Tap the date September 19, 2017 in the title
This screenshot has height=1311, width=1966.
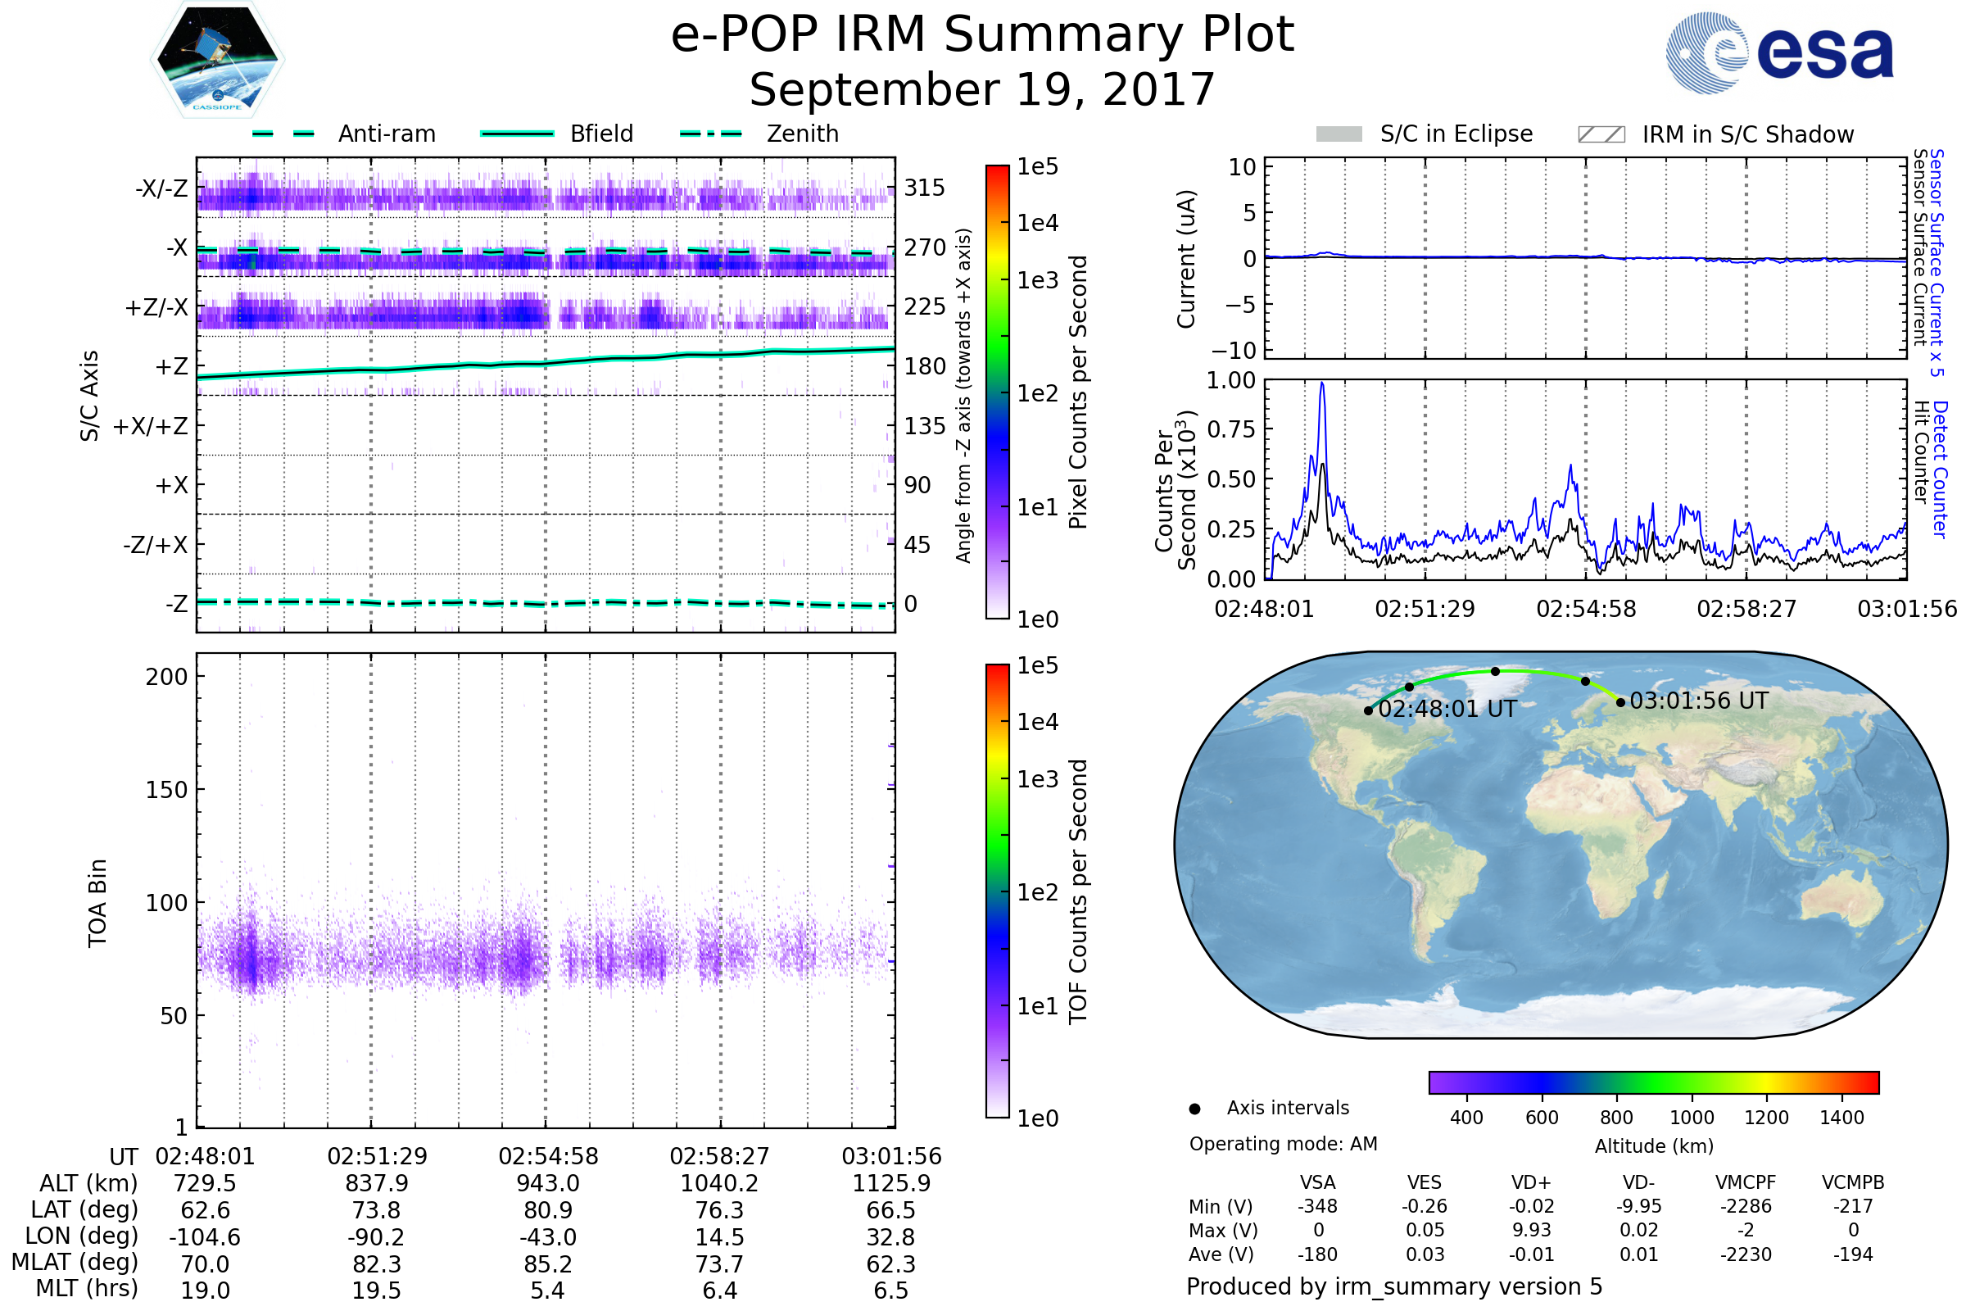[x=982, y=90]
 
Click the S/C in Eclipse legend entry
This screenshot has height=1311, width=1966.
[x=1425, y=134]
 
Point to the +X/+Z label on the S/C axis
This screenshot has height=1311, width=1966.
[x=151, y=426]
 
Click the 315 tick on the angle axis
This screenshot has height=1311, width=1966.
[x=925, y=188]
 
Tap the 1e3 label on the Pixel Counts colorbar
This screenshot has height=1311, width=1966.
[x=1037, y=281]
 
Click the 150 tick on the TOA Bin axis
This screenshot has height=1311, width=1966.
[x=166, y=790]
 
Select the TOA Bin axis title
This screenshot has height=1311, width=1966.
[x=97, y=903]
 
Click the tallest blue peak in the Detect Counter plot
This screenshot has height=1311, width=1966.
[x=1321, y=383]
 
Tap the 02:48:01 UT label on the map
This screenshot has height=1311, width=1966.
[x=1447, y=709]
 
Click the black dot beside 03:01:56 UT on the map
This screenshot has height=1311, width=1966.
[x=1621, y=702]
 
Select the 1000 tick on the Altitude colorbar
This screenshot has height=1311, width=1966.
[x=1692, y=1118]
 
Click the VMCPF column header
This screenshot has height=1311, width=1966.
[x=1746, y=1182]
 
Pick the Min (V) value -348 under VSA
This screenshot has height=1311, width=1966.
[x=1317, y=1206]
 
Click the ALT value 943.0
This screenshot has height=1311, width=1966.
[x=547, y=1183]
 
